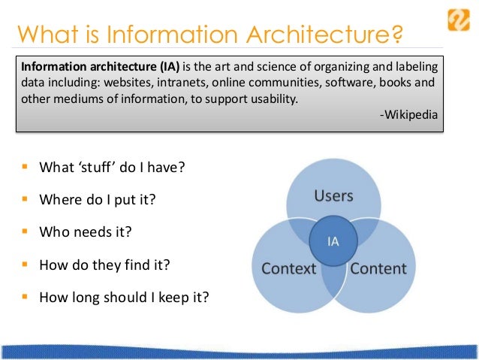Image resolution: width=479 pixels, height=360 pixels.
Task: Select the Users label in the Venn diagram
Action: (333, 196)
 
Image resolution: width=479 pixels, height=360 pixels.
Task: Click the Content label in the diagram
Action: (379, 268)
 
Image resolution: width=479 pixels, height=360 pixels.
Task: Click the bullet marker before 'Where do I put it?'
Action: (25, 200)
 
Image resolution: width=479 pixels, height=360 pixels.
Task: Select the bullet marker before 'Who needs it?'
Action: (25, 232)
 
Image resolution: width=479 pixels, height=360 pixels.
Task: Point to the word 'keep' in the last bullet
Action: (167, 298)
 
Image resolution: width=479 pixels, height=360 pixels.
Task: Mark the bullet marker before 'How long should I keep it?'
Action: (25, 297)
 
